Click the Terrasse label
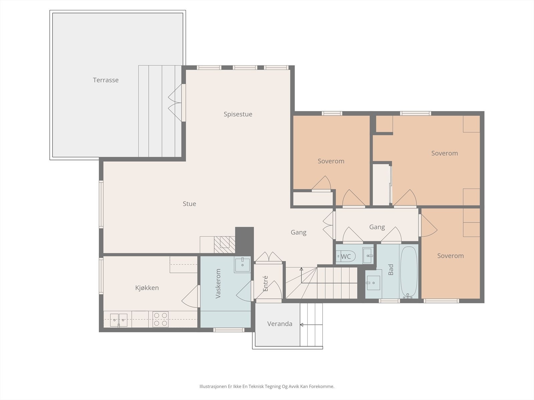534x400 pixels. pos(105,80)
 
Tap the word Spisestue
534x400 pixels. pos(238,114)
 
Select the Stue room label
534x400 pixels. pos(189,204)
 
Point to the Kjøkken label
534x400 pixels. pos(147,288)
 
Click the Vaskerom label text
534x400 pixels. pos(218,283)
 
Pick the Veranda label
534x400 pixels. pos(280,324)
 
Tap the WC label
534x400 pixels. pos(346,256)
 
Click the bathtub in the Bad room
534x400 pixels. pos(409,271)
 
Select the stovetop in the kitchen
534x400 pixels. pos(160,319)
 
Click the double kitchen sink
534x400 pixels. pos(119,320)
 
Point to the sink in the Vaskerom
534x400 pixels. pos(242,265)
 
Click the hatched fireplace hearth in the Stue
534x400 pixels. pos(225,245)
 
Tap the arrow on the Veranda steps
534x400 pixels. pos(311,325)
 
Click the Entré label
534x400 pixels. pos(265,283)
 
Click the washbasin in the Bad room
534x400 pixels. pos(373,283)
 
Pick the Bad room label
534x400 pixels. pos(391,270)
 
